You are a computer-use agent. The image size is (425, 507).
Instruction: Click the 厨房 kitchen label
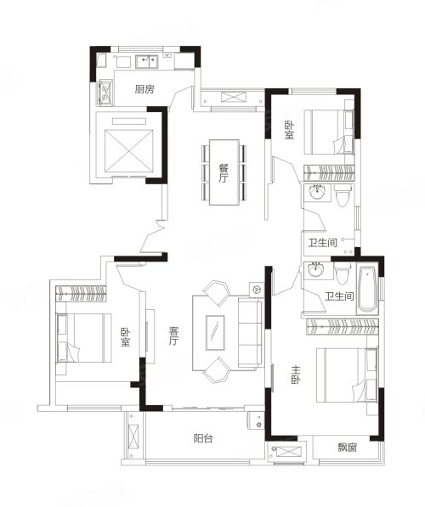click(144, 89)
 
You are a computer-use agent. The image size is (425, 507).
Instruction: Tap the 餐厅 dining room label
click(224, 173)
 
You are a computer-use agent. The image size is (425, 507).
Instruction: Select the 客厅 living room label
click(173, 335)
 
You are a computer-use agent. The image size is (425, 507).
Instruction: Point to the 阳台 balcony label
click(203, 438)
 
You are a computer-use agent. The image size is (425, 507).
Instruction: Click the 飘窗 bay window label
click(348, 448)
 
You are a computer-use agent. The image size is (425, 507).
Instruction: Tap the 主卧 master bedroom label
click(296, 375)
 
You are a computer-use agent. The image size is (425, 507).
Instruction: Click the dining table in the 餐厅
click(224, 172)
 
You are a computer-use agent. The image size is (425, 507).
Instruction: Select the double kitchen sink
click(147, 61)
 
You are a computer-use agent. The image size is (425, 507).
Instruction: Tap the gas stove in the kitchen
click(105, 92)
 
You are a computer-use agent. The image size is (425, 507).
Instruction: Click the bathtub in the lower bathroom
click(368, 289)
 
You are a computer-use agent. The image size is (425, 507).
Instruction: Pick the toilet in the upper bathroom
click(343, 195)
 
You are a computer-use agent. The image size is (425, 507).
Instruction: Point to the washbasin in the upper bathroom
click(317, 193)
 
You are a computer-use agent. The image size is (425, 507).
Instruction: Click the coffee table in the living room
click(215, 332)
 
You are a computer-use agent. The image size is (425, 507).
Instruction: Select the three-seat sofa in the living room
click(250, 332)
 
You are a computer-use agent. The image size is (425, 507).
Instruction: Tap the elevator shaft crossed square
click(129, 151)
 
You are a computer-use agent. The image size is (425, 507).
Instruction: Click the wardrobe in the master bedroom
click(343, 327)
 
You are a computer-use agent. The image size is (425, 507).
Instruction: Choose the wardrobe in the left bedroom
click(81, 294)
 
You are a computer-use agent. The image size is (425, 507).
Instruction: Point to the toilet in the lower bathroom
click(342, 273)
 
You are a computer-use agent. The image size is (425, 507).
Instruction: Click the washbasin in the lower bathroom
click(315, 270)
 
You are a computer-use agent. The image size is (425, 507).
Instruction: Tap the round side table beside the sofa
click(257, 290)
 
